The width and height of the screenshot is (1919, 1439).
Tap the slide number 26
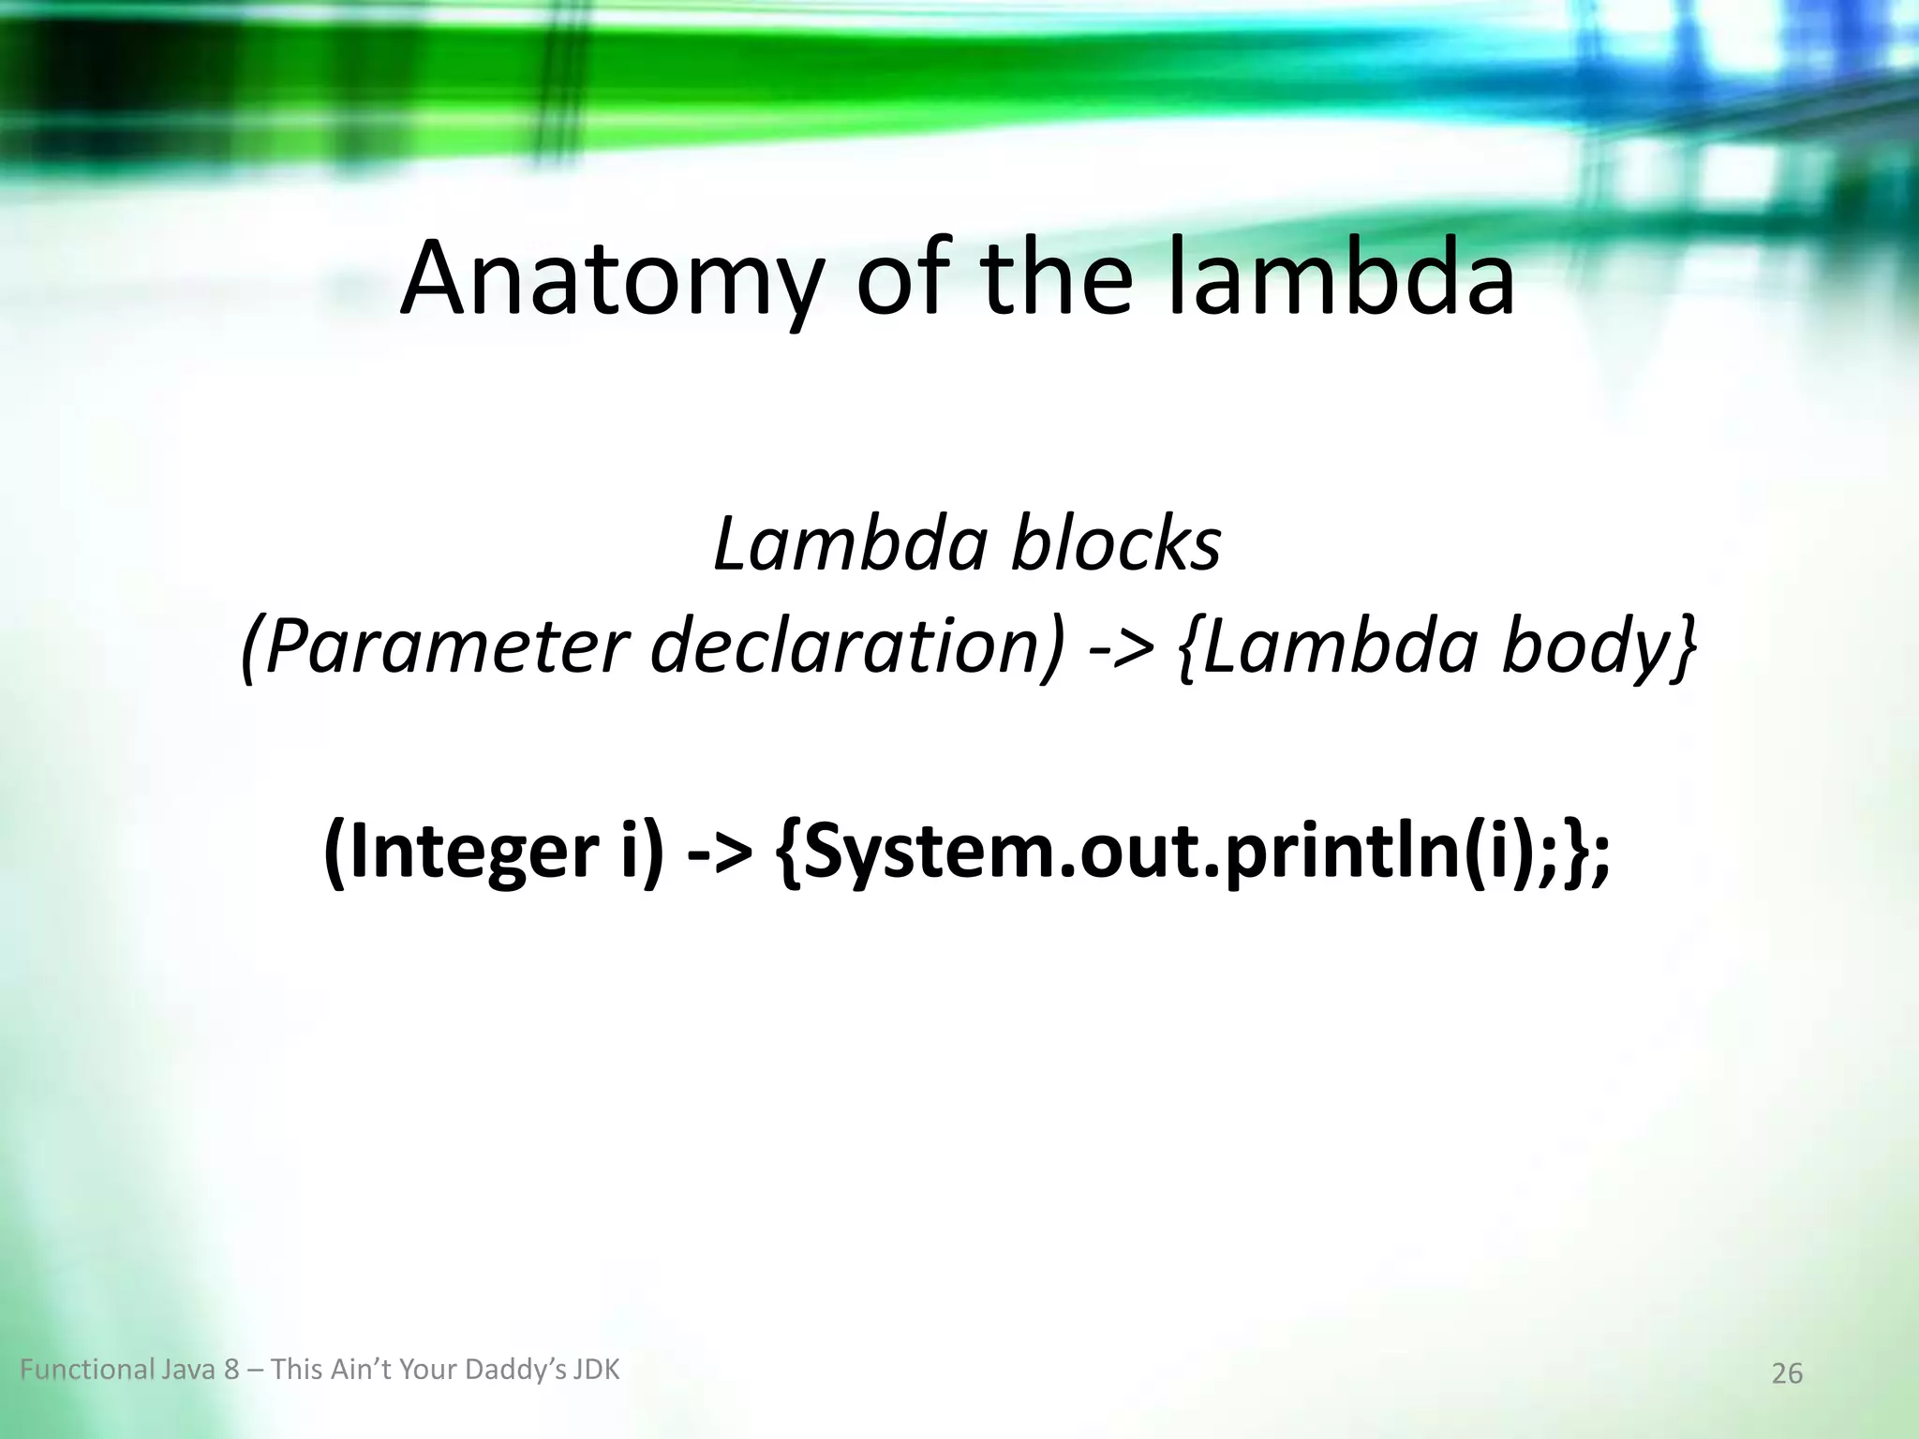[1787, 1373]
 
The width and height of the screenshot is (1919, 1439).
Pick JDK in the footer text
[597, 1371]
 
